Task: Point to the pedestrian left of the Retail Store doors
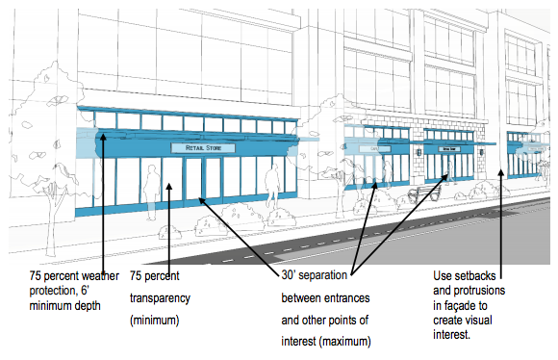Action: click(151, 185)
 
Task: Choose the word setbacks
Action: click(477, 275)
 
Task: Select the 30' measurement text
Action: click(288, 275)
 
